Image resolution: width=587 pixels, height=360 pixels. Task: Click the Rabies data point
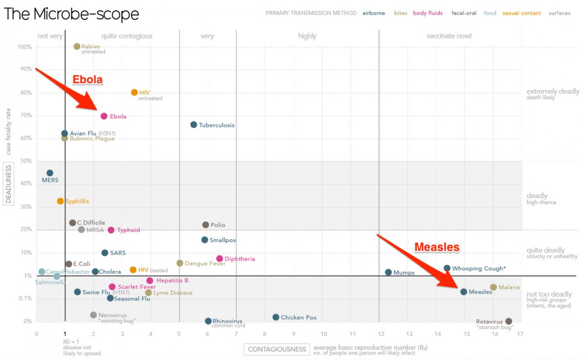(77, 46)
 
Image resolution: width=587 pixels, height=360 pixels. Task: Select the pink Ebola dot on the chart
(104, 116)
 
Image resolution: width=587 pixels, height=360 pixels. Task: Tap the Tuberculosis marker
(194, 125)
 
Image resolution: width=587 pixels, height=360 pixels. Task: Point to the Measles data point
(464, 292)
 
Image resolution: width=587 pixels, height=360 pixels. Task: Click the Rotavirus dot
(509, 321)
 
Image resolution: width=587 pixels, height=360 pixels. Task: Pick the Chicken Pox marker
(276, 317)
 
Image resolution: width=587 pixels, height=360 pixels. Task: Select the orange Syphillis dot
(60, 201)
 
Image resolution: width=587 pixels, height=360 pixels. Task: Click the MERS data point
(50, 173)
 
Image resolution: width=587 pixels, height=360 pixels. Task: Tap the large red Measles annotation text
(437, 247)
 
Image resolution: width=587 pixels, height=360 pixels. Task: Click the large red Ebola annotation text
(88, 80)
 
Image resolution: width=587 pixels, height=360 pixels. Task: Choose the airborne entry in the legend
(373, 13)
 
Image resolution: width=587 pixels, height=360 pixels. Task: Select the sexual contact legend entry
(521, 13)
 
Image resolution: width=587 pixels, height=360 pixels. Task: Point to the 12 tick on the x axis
(380, 334)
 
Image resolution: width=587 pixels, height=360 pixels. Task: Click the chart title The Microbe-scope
(71, 14)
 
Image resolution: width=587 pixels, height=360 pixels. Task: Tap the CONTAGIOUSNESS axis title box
(277, 349)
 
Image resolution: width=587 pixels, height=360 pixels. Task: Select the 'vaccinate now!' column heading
(449, 36)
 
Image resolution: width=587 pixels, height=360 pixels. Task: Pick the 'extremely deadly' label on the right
(553, 91)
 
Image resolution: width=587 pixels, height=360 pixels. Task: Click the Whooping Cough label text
(478, 269)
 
